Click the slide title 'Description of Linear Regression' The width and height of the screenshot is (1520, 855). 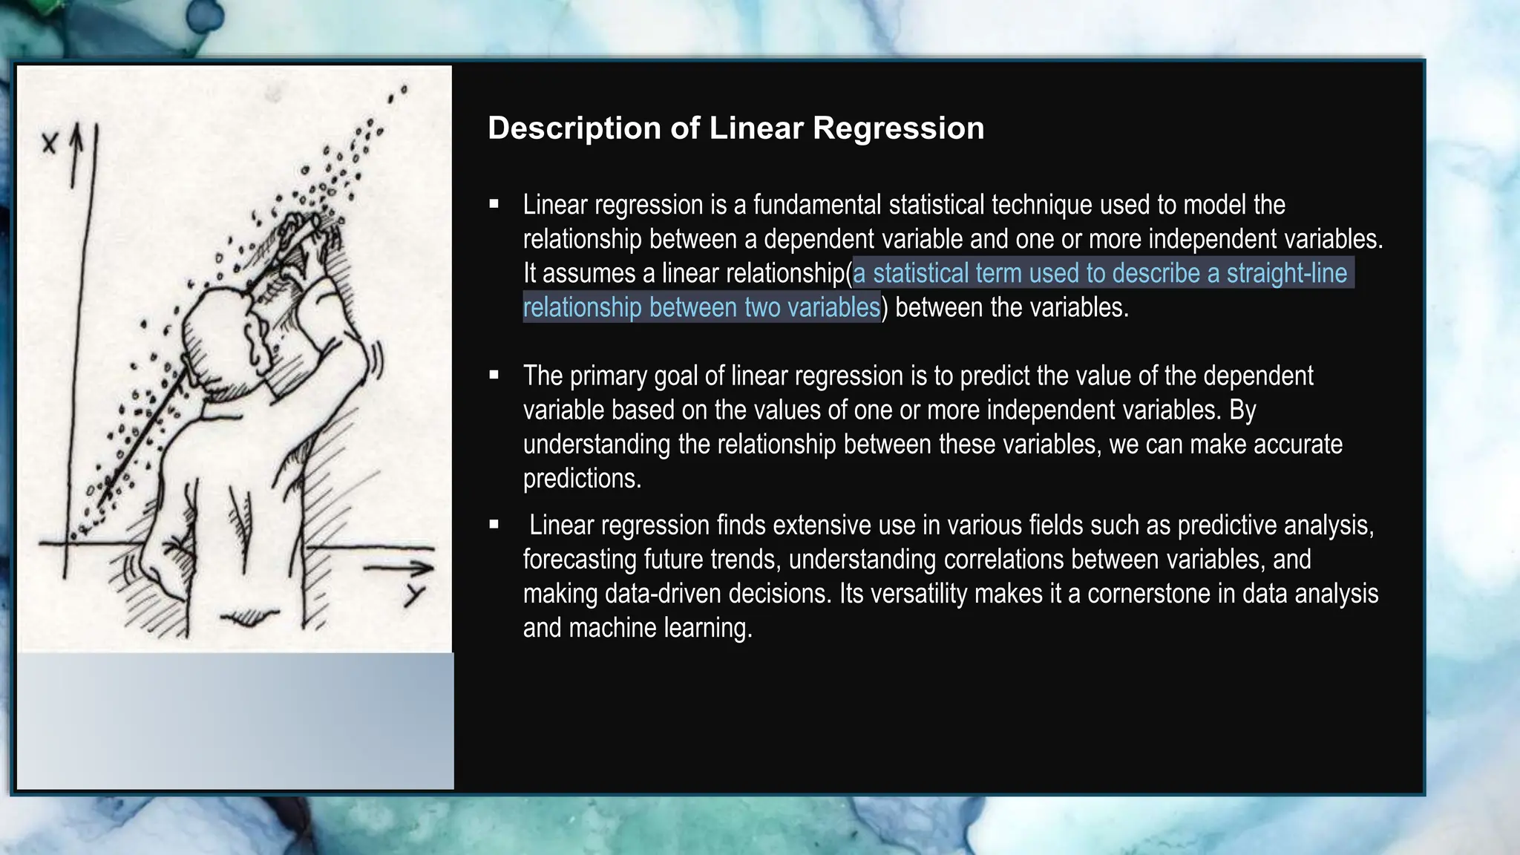(736, 128)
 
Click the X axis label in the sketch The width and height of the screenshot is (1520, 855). (49, 142)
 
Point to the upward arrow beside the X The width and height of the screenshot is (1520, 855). (76, 156)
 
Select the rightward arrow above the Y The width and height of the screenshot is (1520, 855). (398, 569)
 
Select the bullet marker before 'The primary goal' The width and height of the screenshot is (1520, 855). (494, 376)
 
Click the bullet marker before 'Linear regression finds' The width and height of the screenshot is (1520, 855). (494, 525)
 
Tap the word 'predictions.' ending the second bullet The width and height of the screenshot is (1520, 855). (582, 479)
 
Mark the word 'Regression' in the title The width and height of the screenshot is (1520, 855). (898, 128)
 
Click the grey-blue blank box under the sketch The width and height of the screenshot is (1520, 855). (235, 720)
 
